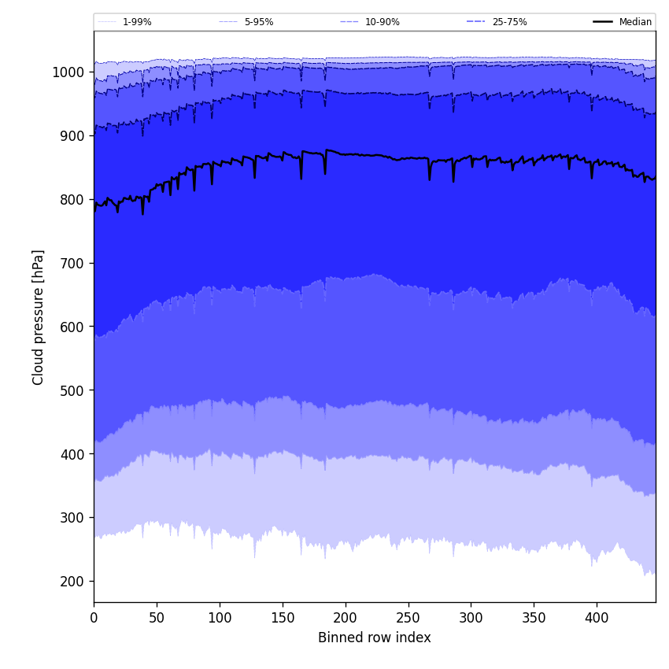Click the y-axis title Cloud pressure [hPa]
39,317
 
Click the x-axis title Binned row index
375,638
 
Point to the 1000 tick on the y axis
68,72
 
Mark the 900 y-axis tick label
72,136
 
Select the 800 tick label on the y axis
72,200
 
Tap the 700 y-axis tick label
72,264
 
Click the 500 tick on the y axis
72,390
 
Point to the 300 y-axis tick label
72,518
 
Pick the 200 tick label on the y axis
72,582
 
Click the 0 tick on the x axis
94,617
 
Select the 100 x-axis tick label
220,617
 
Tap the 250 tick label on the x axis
408,617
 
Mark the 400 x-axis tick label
597,617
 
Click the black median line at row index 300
471,158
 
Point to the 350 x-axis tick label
534,617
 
